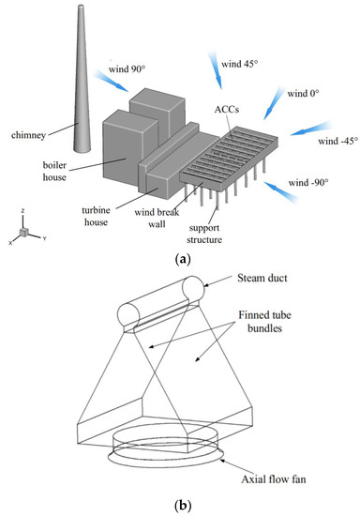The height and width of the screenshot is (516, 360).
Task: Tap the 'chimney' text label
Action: click(28, 135)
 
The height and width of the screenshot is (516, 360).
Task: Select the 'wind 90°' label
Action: click(127, 69)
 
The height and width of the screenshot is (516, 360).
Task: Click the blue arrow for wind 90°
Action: click(111, 81)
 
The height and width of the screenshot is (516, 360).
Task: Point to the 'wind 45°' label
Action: click(240, 64)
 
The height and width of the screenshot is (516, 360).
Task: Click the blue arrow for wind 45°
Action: click(216, 69)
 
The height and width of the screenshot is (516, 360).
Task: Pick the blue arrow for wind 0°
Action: click(273, 103)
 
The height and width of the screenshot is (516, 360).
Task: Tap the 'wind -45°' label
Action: click(337, 141)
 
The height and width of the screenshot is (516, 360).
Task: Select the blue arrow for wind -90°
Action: click(281, 191)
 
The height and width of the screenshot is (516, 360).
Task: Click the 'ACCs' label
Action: click(227, 109)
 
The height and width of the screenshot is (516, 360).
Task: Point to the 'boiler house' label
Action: click(54, 171)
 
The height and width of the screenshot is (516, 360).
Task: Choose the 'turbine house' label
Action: click(96, 216)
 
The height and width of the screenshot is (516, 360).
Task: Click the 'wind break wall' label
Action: click(157, 219)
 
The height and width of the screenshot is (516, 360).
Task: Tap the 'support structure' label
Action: click(204, 234)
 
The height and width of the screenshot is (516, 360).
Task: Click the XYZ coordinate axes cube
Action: click(23, 232)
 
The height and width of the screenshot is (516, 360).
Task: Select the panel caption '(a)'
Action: click(183, 259)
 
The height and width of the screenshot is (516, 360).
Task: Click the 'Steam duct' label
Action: click(262, 278)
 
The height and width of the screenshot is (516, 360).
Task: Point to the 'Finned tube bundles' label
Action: click(264, 322)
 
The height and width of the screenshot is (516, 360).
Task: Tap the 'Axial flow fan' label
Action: click(274, 479)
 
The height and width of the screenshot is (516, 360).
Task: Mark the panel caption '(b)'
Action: click(183, 505)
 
